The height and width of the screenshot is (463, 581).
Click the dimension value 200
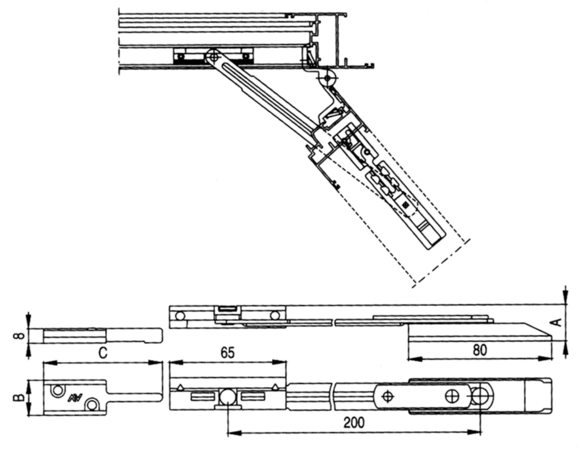coord(354,422)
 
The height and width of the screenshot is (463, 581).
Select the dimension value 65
coord(228,353)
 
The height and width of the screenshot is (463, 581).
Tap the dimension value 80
coord(480,350)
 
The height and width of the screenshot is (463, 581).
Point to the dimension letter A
coord(557,323)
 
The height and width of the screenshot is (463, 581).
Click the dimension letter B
coord(19,397)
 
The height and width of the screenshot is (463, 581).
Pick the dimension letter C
coord(103,353)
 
